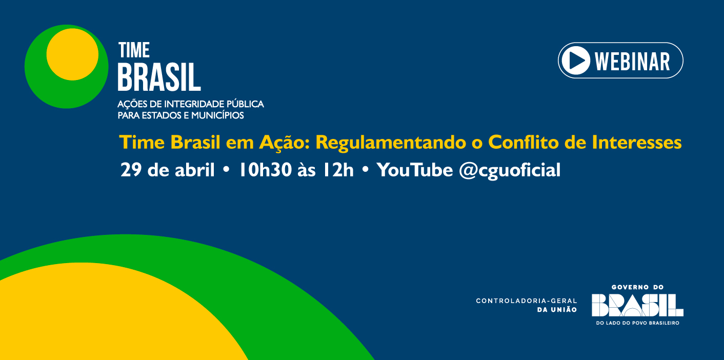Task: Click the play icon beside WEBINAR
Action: tap(576, 61)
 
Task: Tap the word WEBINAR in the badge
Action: tap(632, 61)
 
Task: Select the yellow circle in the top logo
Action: tap(72, 54)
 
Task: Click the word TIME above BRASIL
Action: tap(134, 50)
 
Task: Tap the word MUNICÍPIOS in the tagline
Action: tap(217, 115)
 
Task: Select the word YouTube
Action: tap(414, 170)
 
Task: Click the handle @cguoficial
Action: tap(510, 170)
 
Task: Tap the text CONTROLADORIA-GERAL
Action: tap(527, 301)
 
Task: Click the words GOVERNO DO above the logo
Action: tap(637, 287)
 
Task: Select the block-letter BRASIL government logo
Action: tap(637, 305)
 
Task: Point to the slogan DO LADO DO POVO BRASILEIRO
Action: tap(637, 323)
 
